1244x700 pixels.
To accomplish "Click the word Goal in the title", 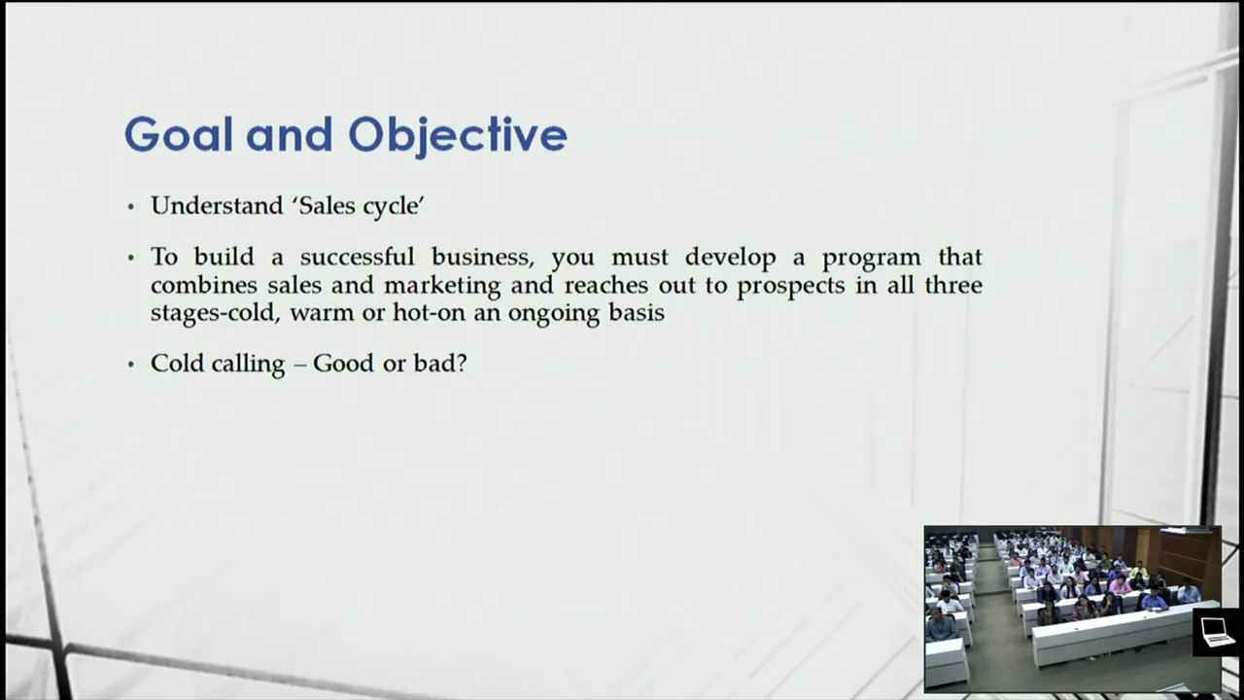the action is click(178, 134).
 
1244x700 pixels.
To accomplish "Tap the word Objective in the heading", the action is click(458, 137).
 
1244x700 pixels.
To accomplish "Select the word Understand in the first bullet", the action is click(217, 206).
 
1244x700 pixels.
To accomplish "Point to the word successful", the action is click(357, 257).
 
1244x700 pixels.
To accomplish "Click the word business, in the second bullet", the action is click(483, 258).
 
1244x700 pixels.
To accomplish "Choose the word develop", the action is click(730, 259).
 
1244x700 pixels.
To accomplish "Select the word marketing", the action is click(442, 287).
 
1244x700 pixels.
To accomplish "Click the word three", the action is click(953, 285).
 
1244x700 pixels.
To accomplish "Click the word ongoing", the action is click(554, 314).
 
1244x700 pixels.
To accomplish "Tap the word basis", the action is click(637, 312).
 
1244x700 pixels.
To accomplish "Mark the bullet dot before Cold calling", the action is click(131, 365).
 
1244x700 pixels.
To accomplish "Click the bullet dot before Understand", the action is click(131, 207).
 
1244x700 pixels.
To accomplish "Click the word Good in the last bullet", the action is click(343, 364).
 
